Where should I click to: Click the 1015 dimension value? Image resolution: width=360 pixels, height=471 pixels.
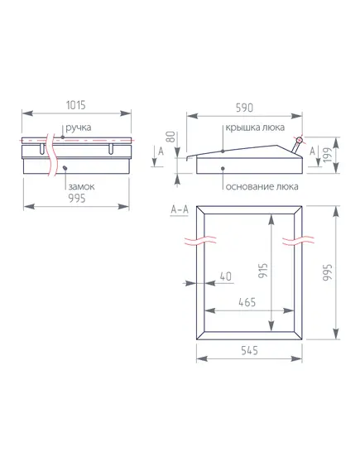75,105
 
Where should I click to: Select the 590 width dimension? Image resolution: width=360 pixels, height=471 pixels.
244,108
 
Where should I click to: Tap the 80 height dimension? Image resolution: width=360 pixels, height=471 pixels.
170,137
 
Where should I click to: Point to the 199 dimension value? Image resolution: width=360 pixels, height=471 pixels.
329,155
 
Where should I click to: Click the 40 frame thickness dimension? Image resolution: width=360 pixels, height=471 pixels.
226,276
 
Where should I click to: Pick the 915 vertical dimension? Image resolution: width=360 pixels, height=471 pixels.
262,271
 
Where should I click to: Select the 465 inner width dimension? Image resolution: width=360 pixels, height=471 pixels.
247,302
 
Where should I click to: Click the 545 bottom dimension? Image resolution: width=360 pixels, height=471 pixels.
249,350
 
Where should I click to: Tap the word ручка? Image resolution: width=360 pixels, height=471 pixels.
79,127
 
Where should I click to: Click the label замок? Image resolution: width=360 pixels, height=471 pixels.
81,187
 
